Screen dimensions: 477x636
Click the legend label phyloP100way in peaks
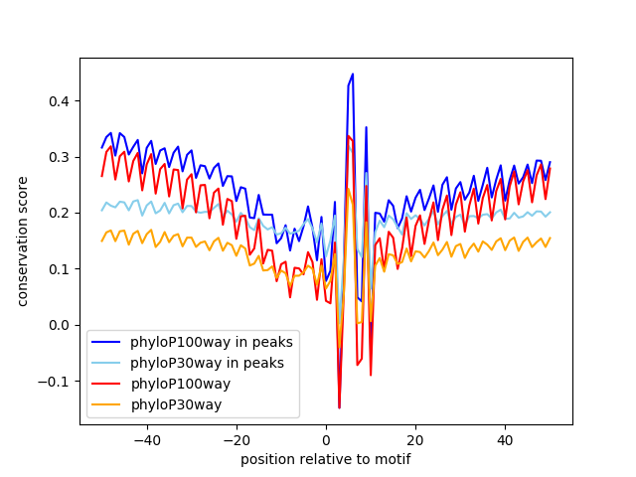click(x=212, y=342)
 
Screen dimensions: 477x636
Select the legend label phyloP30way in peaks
click(x=208, y=363)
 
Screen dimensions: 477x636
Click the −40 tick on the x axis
click(x=146, y=439)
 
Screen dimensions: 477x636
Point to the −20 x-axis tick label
click(x=236, y=439)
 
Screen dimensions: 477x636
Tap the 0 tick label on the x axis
click(x=326, y=439)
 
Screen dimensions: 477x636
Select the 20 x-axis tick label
click(x=415, y=439)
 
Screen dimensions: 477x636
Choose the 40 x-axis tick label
click(x=505, y=439)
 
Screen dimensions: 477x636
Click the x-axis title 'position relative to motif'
click(x=325, y=459)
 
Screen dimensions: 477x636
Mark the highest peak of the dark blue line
click(x=353, y=74)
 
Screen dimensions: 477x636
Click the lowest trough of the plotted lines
click(x=339, y=407)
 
